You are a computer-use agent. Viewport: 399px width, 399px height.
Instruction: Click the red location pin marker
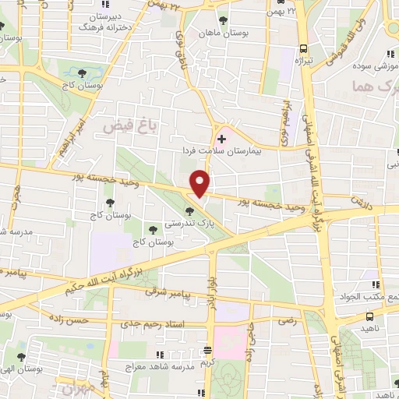click(200, 183)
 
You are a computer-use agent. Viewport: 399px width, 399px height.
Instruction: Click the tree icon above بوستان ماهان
click(224, 19)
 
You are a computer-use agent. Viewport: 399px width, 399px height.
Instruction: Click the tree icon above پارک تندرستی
click(189, 211)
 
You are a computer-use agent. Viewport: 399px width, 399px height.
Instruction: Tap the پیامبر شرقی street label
click(161, 292)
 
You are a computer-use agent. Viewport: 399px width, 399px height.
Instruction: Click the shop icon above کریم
click(207, 350)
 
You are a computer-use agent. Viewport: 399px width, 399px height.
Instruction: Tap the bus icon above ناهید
click(369, 316)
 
